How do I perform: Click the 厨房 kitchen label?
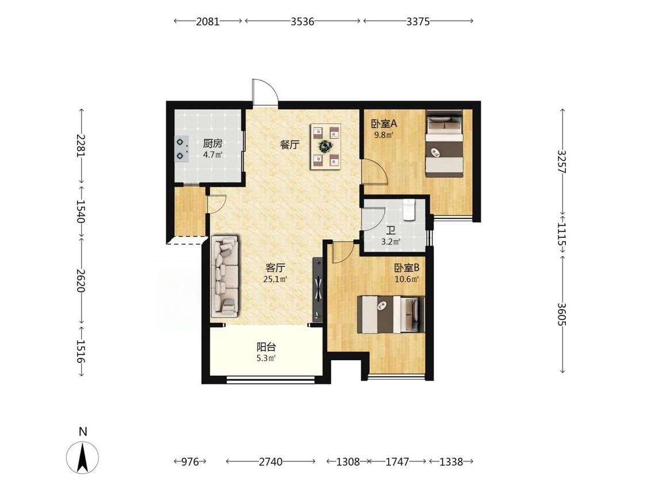click(212, 144)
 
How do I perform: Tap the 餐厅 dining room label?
click(290, 145)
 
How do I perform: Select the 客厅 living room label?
click(275, 268)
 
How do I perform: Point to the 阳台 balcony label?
click(266, 347)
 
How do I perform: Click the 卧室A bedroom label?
click(384, 124)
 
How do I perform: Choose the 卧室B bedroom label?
click(407, 268)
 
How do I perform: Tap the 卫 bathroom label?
click(391, 231)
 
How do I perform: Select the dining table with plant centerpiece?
click(326, 146)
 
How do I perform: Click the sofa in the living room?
click(225, 276)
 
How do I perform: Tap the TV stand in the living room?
click(317, 288)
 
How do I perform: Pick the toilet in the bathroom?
click(409, 210)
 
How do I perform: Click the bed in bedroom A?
click(445, 144)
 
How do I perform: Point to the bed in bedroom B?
click(391, 314)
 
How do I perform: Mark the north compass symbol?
click(82, 457)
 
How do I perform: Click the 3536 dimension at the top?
click(303, 21)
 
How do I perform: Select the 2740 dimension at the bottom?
click(271, 461)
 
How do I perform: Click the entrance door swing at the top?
click(265, 91)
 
